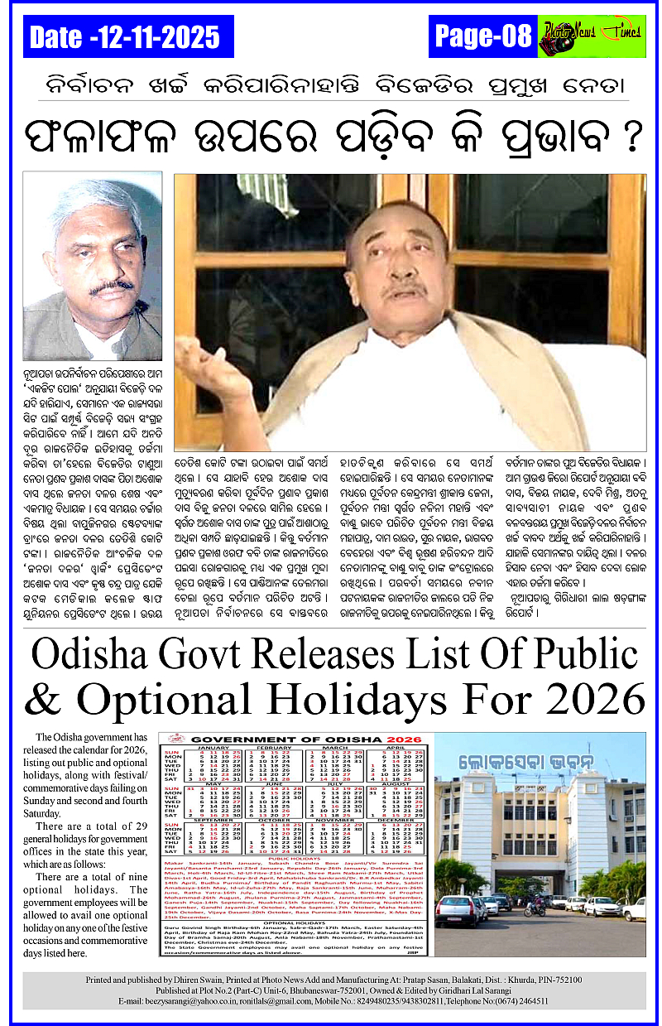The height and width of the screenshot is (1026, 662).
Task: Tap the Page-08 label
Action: [482, 36]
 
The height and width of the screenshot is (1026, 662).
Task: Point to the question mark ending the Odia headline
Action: [631, 137]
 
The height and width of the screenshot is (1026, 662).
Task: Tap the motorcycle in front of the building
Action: [533, 906]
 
